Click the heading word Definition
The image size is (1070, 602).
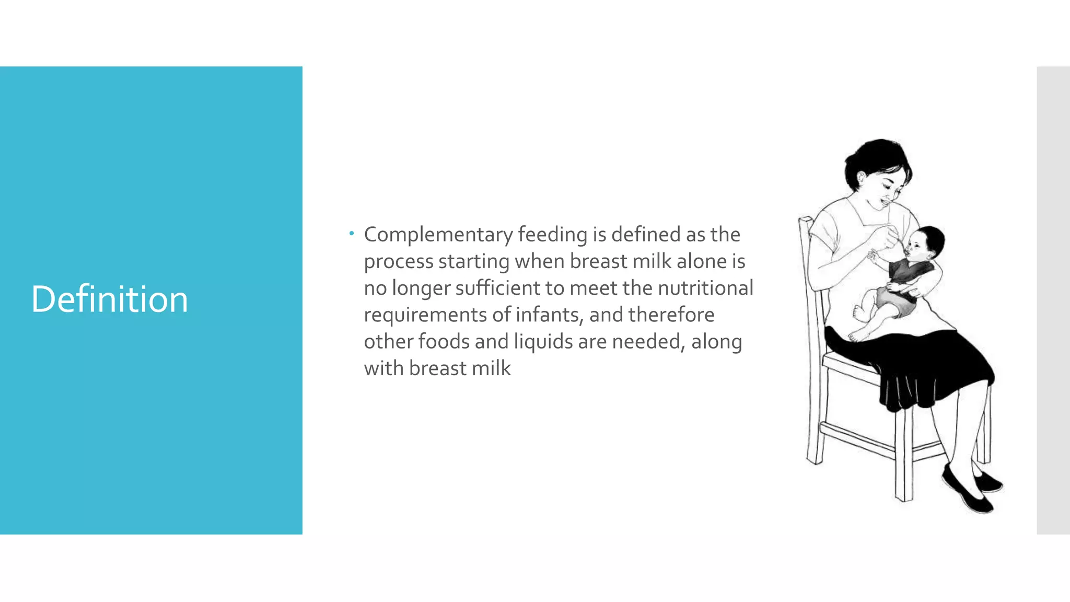(x=109, y=299)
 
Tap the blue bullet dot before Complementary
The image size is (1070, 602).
(x=352, y=233)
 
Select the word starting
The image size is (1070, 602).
(x=473, y=262)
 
